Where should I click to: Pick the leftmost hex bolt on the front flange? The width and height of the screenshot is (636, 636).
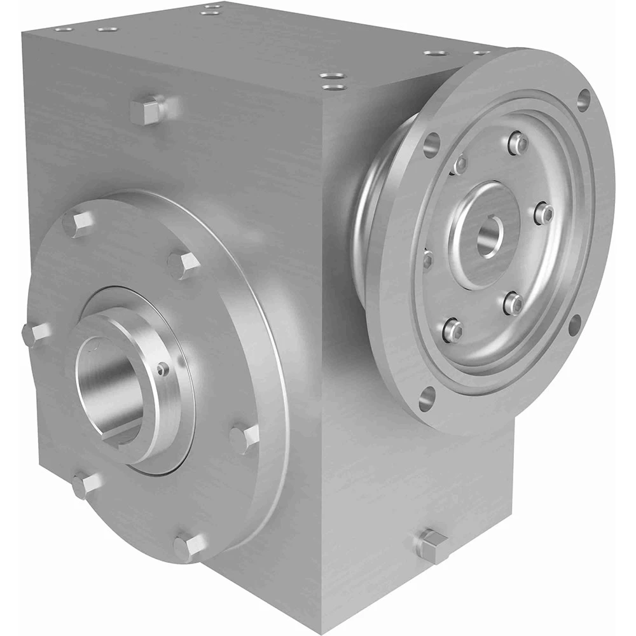click(x=34, y=333)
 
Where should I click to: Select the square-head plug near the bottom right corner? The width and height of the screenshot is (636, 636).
click(x=432, y=545)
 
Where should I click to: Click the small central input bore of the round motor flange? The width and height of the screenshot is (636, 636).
click(x=488, y=236)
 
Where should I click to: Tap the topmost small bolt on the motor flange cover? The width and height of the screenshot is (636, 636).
click(x=518, y=142)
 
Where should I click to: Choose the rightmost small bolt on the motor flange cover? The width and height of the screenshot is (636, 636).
click(x=544, y=213)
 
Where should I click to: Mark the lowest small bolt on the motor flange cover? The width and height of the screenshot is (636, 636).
click(x=452, y=329)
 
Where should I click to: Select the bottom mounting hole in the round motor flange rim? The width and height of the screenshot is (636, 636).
click(x=427, y=399)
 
